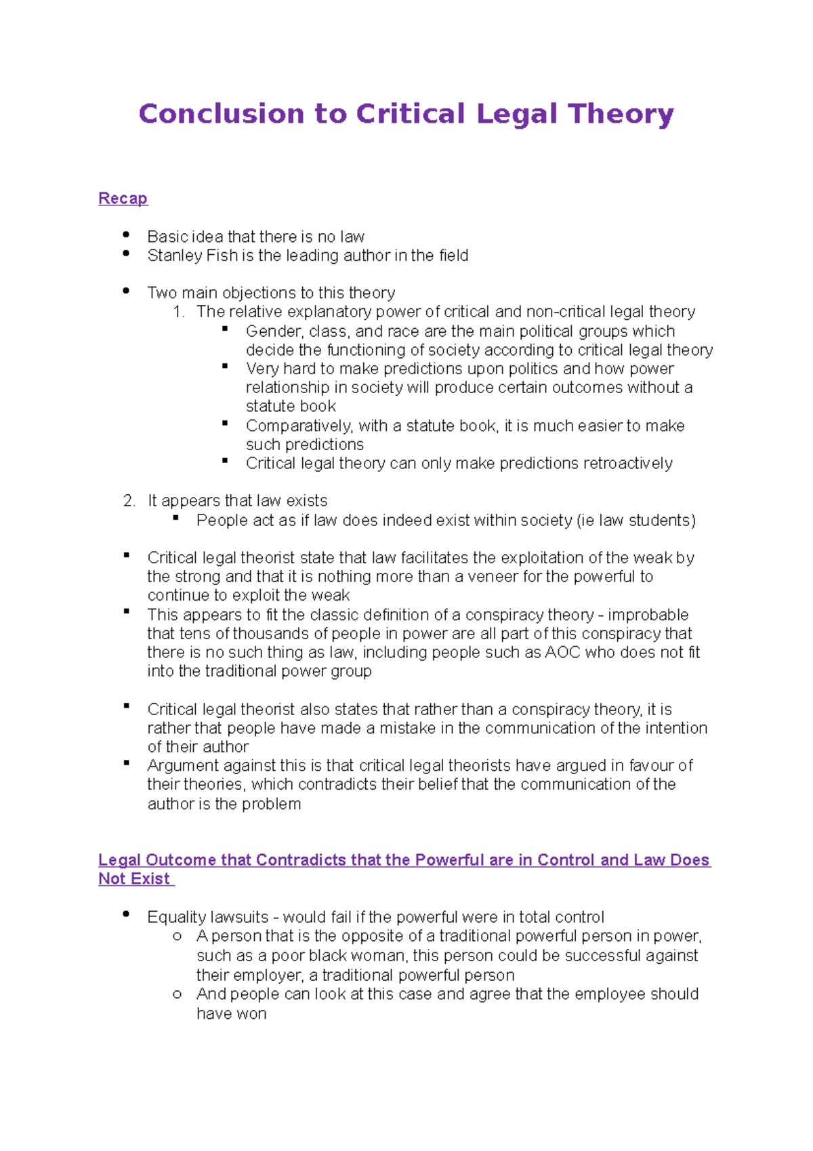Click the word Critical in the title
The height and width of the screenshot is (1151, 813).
click(411, 114)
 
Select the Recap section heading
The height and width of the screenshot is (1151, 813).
click(123, 199)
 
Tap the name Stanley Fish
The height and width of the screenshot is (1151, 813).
click(192, 256)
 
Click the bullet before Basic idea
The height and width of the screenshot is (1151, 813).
click(126, 235)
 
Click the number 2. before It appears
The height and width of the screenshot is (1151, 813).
click(129, 501)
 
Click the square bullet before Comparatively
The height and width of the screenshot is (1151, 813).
click(225, 423)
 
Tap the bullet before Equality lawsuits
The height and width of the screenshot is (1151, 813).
click(126, 914)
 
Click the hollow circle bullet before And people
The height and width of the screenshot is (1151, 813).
click(177, 994)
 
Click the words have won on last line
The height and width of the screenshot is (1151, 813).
click(231, 1014)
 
